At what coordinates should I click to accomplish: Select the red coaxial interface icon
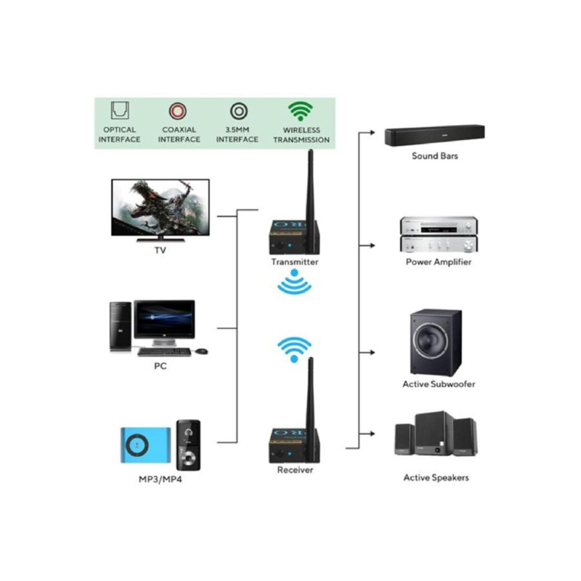point(178,111)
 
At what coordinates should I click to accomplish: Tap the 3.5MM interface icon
point(238,111)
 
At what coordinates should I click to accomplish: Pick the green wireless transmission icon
point(300,111)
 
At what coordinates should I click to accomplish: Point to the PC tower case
point(120,327)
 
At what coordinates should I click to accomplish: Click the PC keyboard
point(164,352)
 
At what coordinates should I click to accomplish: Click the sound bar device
point(434,136)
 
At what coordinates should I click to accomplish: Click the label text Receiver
point(295,470)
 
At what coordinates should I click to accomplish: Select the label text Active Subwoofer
point(439,383)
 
